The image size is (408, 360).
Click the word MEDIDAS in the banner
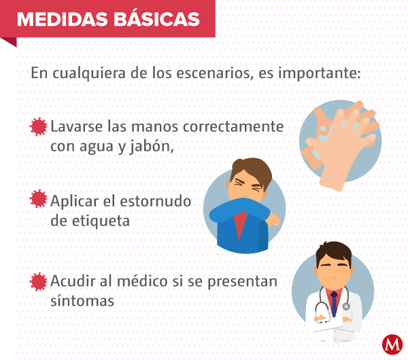63,19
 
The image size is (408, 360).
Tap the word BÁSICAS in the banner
156,18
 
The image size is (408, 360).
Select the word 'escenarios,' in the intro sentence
215,73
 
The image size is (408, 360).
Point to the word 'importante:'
320,73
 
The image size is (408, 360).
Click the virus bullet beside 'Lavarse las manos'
38,126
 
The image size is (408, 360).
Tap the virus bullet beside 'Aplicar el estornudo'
38,198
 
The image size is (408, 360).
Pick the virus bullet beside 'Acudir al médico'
38,281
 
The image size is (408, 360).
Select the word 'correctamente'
233,127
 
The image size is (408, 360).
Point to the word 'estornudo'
156,201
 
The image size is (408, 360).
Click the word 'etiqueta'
101,221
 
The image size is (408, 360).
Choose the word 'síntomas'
82,301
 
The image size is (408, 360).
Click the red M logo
392,344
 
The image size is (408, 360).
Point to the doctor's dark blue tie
334,304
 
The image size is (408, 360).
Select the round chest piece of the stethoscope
346,306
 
